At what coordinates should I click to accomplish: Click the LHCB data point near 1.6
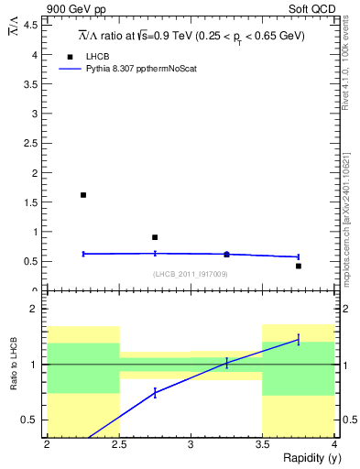click(83, 195)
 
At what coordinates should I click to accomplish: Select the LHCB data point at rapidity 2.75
click(155, 237)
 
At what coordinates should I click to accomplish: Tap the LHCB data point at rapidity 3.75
click(299, 266)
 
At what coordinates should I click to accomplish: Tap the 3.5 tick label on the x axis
click(263, 445)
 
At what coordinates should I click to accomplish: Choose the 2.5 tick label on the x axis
click(119, 445)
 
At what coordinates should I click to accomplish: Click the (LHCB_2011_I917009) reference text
click(191, 274)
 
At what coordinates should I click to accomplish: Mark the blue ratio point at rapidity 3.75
click(299, 340)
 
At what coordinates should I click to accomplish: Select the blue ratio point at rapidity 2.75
click(155, 392)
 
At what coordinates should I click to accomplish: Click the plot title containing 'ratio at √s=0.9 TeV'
click(191, 36)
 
